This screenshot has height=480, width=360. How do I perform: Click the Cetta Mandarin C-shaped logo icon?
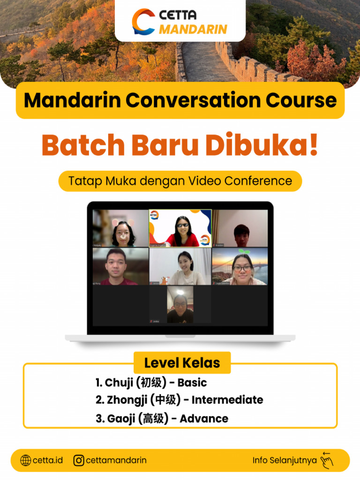[x=143, y=22]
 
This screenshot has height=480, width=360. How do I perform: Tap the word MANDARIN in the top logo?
[x=193, y=30]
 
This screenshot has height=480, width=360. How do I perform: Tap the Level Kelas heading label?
[x=182, y=362]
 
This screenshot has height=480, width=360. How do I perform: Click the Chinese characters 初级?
[x=151, y=382]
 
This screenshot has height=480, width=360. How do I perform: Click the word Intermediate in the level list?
[x=227, y=400]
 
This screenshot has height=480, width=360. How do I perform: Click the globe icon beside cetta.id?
[x=26, y=460]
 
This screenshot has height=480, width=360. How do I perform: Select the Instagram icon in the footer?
[x=79, y=460]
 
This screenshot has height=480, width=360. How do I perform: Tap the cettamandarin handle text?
[x=116, y=460]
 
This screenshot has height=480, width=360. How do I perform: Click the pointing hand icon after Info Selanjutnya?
[x=327, y=460]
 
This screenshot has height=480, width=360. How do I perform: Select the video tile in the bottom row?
[x=180, y=305]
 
